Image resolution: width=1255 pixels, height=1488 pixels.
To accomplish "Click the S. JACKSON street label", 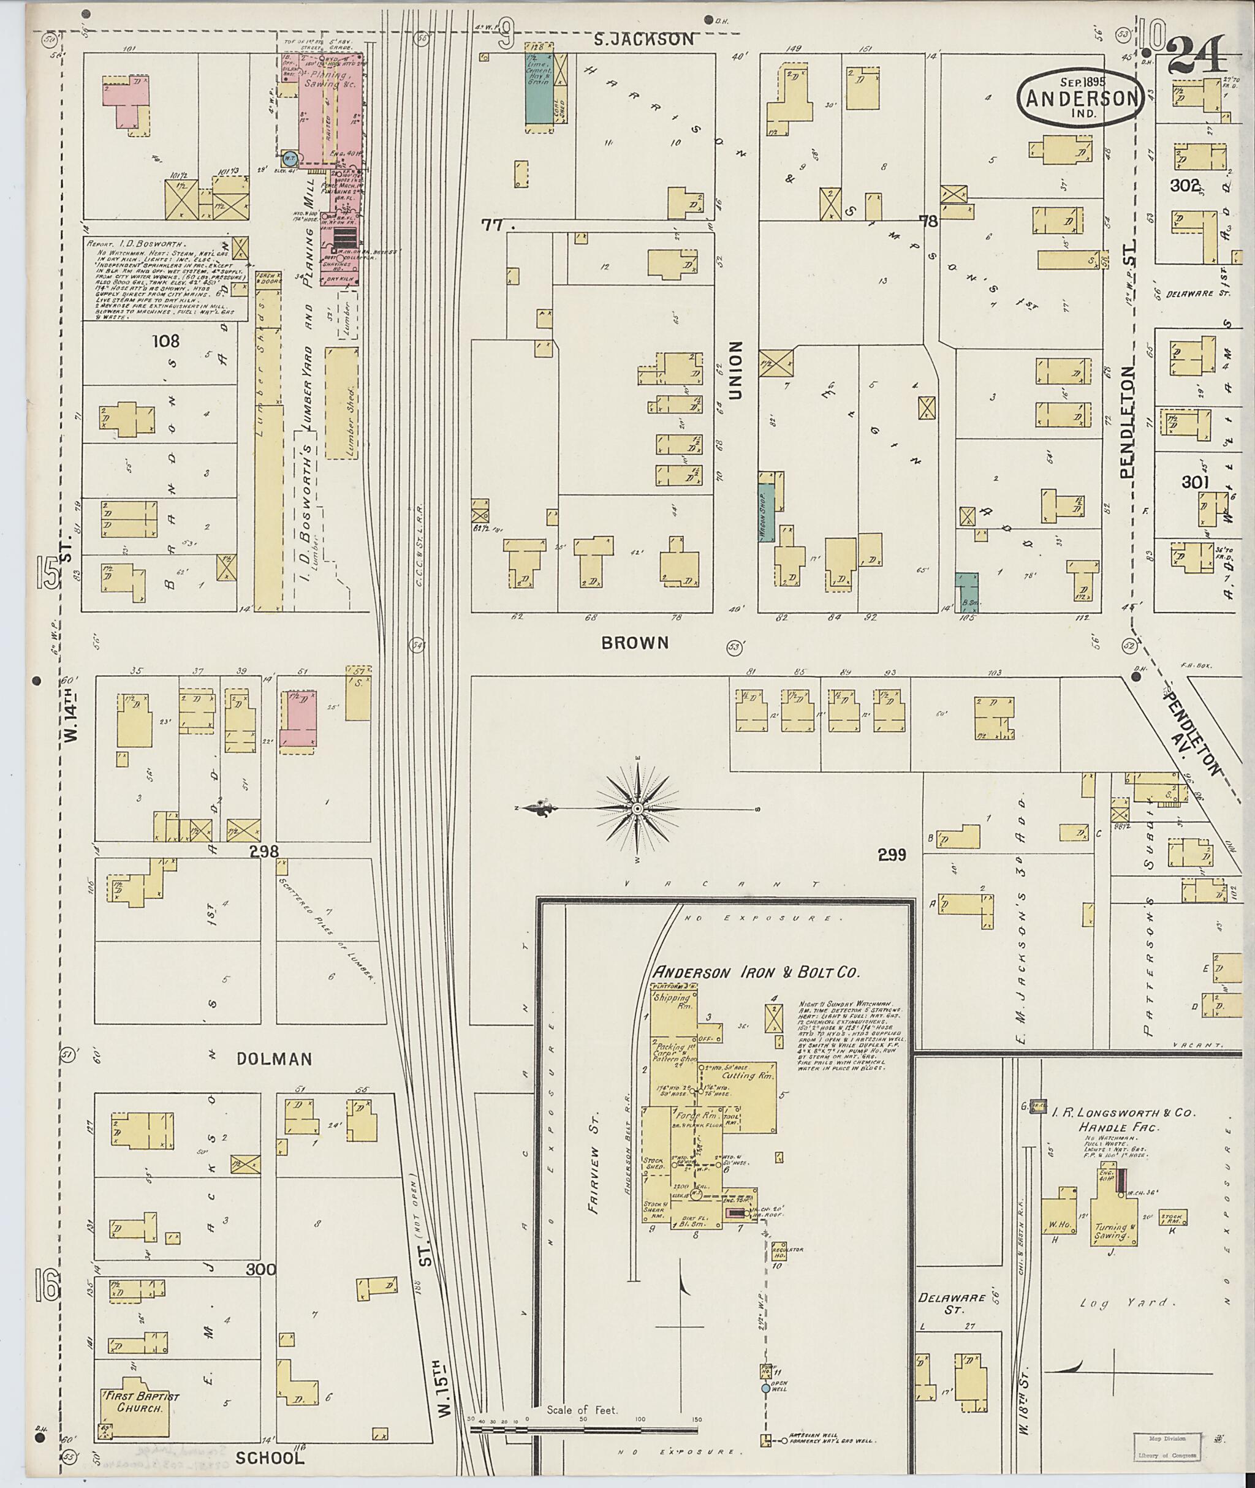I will coord(644,39).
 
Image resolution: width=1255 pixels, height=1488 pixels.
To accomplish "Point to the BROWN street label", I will coord(635,643).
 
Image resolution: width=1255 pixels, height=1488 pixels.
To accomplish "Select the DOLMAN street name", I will coord(275,1059).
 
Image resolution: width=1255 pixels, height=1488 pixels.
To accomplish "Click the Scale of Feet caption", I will coord(582,1409).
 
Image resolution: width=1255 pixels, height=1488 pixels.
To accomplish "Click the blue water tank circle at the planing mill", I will coord(290,159).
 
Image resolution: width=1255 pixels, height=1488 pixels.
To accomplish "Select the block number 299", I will coord(892,855).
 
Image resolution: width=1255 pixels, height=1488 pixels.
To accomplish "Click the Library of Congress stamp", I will coord(1166,1448).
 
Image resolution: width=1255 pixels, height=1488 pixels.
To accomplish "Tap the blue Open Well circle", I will coord(765,1388).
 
